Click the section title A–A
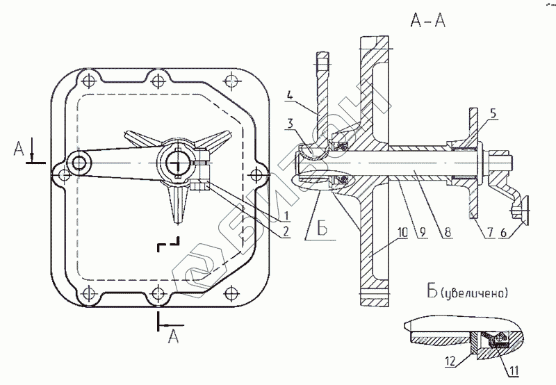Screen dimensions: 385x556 [427, 22]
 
